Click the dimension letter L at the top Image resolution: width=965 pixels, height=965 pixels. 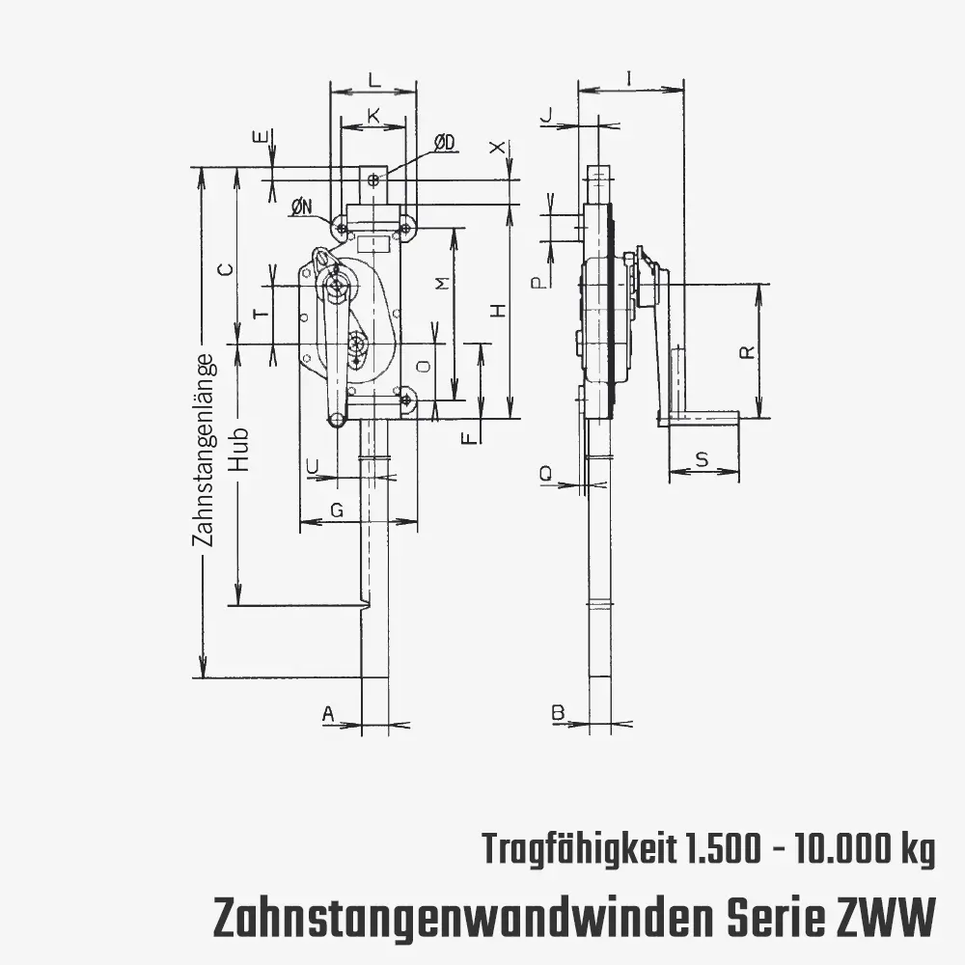click(374, 79)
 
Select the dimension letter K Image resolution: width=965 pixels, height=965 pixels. click(373, 115)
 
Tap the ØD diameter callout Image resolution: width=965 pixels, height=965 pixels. click(444, 144)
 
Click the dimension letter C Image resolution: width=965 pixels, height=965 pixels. click(226, 269)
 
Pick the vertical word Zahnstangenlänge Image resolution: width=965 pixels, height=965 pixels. click(205, 450)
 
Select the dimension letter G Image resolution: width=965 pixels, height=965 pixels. click(337, 510)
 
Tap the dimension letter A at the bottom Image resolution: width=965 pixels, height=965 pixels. click(329, 714)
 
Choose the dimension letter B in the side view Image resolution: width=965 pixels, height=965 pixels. click(558, 713)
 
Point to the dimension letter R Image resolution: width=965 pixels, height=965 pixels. click(747, 351)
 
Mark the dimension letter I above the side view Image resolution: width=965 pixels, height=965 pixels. click(629, 78)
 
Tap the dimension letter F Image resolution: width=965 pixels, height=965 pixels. click(470, 437)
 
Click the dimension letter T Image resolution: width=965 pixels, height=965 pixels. click(262, 314)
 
